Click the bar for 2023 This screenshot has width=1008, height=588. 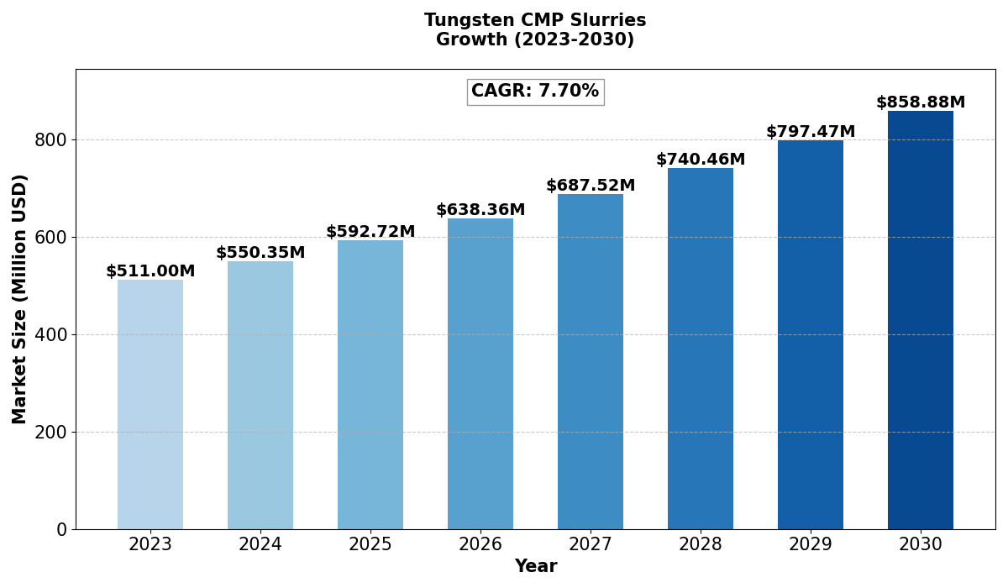tap(150, 404)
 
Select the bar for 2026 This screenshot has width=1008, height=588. tap(480, 374)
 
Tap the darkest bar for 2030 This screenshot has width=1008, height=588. tap(921, 320)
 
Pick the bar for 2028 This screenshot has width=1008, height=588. tap(701, 349)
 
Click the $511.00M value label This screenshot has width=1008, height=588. tap(150, 271)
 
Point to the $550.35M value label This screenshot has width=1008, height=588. tap(260, 253)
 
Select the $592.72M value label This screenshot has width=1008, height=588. tap(370, 232)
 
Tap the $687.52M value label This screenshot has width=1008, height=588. tap(591, 186)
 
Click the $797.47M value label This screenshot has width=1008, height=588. tap(811, 132)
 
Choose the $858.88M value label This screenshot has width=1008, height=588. tap(921, 102)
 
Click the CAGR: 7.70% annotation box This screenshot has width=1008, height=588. tap(535, 92)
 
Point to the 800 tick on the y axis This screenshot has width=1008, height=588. tap(50, 140)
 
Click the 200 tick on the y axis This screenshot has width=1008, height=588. tap(50, 433)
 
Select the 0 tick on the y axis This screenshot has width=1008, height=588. tap(62, 530)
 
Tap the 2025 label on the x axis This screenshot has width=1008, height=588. tap(370, 545)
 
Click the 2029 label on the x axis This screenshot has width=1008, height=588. tap(811, 545)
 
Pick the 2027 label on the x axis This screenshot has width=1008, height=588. tap(591, 545)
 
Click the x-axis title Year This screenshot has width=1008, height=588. tap(535, 567)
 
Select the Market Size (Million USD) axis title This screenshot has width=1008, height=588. tap(20, 299)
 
